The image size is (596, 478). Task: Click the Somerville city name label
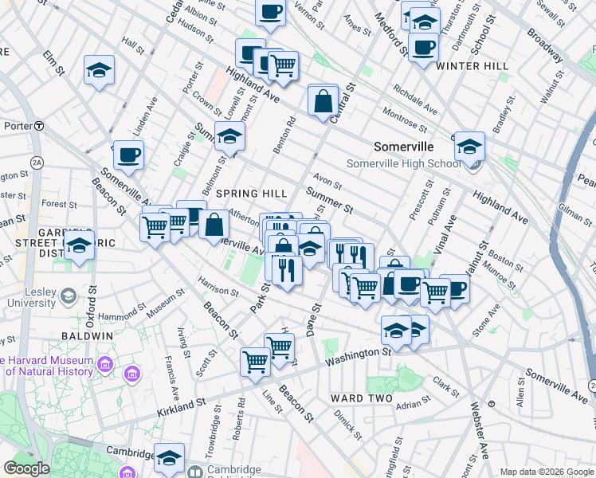click(x=404, y=147)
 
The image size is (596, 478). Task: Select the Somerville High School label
click(x=403, y=164)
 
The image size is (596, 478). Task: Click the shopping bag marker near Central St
click(x=323, y=102)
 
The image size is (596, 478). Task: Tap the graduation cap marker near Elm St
click(x=100, y=69)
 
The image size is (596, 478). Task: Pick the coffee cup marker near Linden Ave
click(x=127, y=155)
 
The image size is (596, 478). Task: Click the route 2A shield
click(x=37, y=163)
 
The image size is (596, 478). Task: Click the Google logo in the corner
click(x=27, y=468)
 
